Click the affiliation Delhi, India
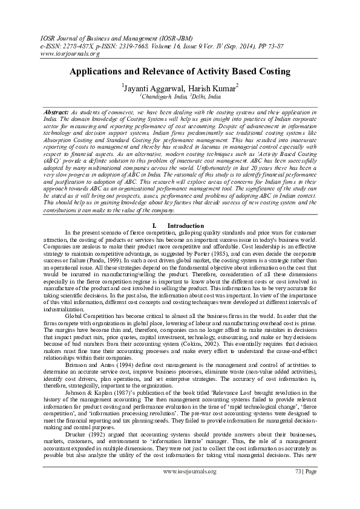[x=207, y=96]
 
